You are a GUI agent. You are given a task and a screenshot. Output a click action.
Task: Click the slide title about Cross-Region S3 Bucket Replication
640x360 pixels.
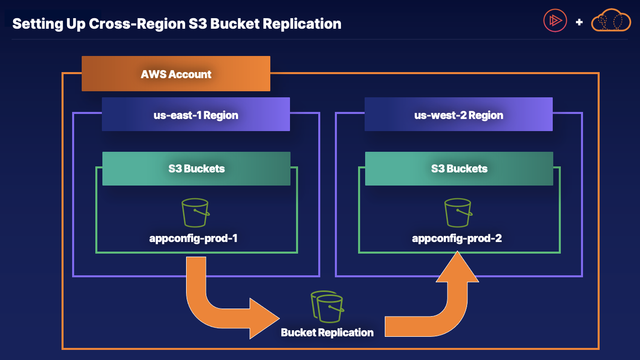coord(177,24)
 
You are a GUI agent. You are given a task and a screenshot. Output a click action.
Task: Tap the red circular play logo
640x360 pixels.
coord(555,21)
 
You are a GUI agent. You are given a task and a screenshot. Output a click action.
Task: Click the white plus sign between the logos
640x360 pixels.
coord(579,22)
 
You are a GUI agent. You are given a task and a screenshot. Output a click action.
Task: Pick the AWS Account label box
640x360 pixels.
coord(176,74)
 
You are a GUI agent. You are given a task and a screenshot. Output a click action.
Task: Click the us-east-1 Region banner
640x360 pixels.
coord(196,115)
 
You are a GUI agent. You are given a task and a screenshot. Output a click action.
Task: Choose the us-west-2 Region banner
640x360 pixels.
coord(458,115)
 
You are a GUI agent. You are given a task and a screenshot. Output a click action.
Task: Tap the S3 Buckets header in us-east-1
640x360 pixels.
coord(196,168)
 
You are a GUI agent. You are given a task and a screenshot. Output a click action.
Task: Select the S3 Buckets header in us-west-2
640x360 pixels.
coord(459,168)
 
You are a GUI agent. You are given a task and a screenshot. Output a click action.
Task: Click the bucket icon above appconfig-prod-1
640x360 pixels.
coord(195,212)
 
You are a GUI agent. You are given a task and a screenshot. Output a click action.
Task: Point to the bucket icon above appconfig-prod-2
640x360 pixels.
coord(458,212)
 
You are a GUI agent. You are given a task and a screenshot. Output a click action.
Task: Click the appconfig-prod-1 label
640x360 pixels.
coord(193,238)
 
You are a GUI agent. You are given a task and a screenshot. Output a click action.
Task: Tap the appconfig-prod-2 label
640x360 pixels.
coord(456,238)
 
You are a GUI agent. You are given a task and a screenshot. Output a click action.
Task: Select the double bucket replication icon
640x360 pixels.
coord(327,306)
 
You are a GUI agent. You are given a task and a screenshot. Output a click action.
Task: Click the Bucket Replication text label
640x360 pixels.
coord(327,332)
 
